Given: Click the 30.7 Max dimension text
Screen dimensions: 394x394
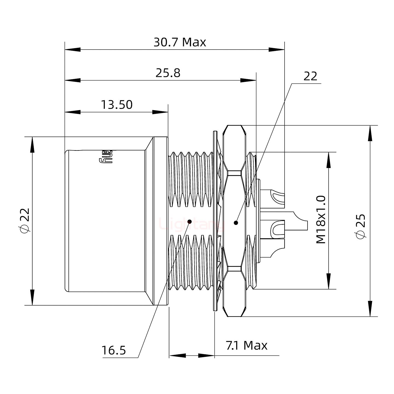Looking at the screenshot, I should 179,42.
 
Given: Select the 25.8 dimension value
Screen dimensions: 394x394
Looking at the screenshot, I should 168,73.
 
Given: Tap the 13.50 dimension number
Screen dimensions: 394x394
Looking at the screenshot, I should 117,105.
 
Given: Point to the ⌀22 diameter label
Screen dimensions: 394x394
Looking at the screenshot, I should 25,220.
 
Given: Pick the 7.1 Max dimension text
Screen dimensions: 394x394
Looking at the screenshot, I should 247,346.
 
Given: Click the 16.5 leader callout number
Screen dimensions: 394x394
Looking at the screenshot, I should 114,350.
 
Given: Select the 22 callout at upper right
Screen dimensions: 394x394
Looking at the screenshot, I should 310,76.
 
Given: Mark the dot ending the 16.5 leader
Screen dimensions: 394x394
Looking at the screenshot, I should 190,221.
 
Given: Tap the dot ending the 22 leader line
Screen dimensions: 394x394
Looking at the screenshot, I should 236,223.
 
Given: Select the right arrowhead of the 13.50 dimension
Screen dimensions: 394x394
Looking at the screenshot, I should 160,112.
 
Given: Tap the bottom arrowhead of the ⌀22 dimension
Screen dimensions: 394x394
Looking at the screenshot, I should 32,297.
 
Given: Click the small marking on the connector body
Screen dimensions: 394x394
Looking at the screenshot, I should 106,157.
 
